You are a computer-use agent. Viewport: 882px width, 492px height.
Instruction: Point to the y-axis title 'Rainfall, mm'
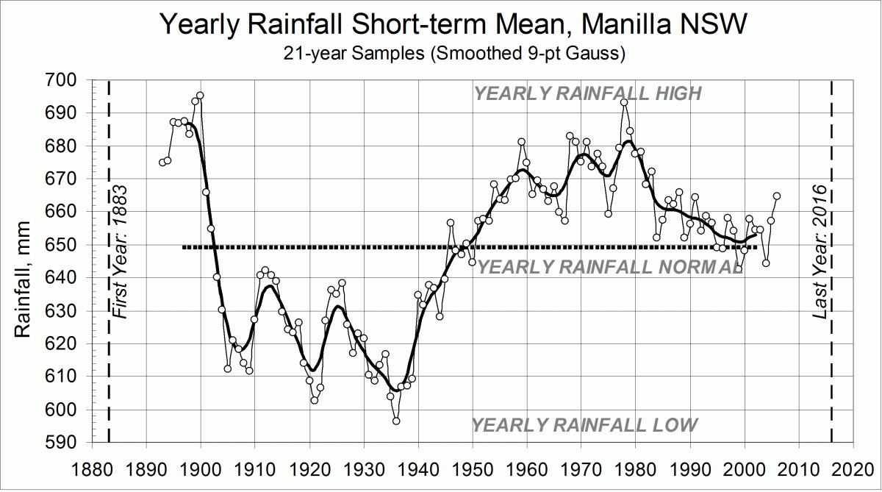pos(24,262)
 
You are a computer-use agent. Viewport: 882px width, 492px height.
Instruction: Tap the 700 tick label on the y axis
pos(63,80)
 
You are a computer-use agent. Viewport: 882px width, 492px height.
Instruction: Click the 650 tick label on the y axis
pos(63,245)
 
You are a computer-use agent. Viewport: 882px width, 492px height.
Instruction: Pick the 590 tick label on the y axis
pos(63,443)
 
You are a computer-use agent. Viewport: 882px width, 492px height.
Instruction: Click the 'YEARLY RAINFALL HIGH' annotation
pos(588,93)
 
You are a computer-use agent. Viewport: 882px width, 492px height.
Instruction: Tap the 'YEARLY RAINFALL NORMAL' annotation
pos(610,267)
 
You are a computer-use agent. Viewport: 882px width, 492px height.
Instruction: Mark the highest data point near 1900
pos(200,96)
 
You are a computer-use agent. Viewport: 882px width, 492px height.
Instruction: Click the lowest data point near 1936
pos(396,421)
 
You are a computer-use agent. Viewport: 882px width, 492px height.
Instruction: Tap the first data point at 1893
pos(162,163)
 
